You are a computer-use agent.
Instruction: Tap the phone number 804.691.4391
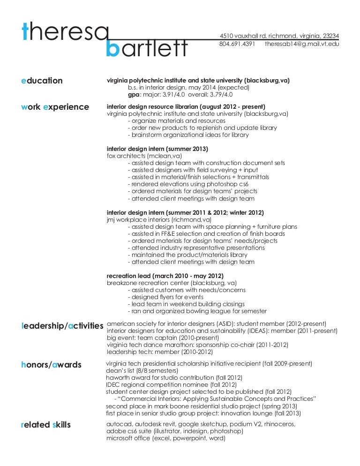237,44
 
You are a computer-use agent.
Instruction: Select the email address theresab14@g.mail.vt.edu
302,44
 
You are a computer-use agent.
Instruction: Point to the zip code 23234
330,36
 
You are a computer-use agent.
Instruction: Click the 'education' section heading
42,81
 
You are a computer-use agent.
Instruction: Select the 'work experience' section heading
55,107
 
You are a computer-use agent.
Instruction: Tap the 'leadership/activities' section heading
62,325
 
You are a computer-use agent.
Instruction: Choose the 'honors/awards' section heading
52,365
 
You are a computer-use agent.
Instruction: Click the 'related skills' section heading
46,425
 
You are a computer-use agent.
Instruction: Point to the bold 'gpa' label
134,94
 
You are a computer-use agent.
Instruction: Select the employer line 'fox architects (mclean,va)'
144,156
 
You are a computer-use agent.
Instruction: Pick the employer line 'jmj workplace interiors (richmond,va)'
159,219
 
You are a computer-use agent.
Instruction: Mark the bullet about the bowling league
197,311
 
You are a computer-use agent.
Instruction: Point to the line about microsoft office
166,439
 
